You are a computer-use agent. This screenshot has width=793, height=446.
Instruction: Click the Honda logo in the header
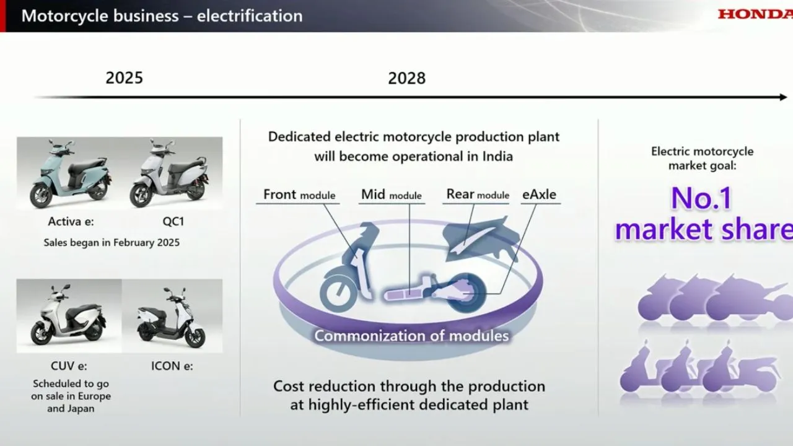click(755, 14)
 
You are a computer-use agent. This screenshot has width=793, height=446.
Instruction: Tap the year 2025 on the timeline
click(125, 78)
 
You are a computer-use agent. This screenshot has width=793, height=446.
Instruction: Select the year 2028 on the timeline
click(407, 78)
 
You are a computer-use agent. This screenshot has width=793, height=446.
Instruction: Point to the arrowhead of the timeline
click(783, 97)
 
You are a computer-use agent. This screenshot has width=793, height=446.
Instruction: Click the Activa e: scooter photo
click(70, 173)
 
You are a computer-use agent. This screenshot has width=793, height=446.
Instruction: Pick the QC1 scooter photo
click(169, 173)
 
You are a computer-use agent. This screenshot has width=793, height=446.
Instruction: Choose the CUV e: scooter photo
click(69, 316)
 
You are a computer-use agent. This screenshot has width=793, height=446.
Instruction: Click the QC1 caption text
click(173, 222)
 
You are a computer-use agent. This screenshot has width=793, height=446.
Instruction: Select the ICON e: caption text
click(172, 366)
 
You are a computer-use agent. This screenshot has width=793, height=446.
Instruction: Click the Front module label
click(299, 195)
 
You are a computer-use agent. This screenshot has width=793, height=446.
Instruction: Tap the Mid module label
click(391, 195)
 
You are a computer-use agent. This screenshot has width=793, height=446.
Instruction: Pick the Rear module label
click(478, 195)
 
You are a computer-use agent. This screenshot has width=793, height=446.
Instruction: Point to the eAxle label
click(539, 195)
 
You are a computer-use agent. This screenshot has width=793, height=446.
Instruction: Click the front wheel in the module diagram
click(339, 294)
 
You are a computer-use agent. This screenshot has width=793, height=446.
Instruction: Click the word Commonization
click(370, 336)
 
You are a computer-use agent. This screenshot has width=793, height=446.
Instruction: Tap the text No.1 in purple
click(701, 198)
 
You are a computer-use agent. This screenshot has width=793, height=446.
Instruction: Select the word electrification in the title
click(250, 16)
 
